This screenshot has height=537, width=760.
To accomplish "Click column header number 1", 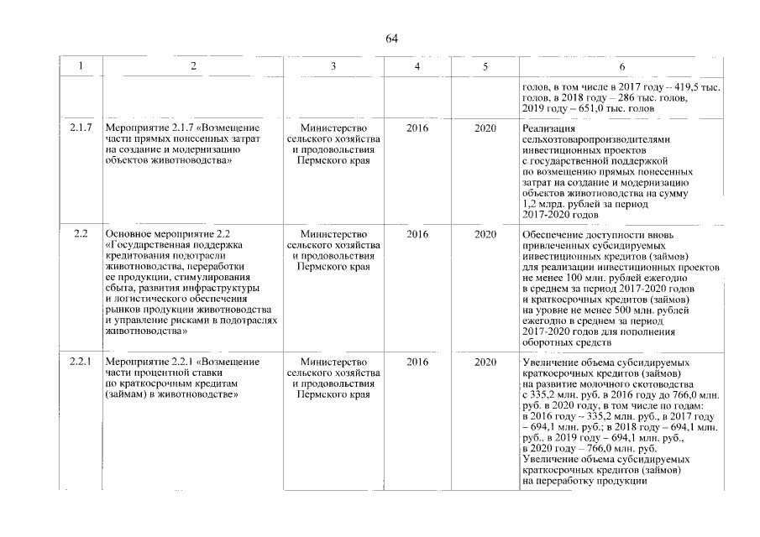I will pos(81,66).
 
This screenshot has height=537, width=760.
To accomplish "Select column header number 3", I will pos(333,66).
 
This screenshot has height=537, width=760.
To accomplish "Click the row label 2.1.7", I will pos(81,127).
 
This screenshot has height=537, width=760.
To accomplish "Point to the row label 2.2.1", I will pos(81,362).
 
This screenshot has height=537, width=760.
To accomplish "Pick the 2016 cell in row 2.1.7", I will pos(417,127).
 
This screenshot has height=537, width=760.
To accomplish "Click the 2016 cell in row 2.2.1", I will pos(417,362).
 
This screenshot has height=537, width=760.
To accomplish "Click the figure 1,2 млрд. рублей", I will pos(563,204).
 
